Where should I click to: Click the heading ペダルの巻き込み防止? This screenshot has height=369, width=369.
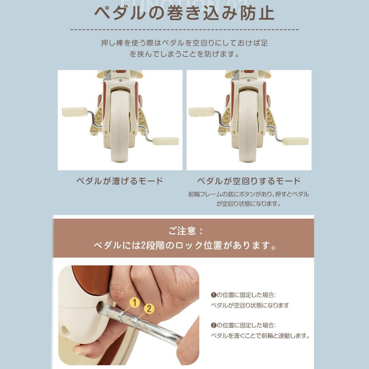tap(184, 14)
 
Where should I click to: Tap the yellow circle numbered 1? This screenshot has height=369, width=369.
tap(135, 303)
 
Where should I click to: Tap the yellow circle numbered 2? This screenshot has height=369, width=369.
tap(149, 309)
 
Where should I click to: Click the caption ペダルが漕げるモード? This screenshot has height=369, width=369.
tap(120, 181)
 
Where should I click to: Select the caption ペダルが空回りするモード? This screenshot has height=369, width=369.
tap(249, 181)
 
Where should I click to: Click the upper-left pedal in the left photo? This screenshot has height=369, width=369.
tap(74, 112)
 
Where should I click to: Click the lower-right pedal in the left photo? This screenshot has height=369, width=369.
tap(166, 141)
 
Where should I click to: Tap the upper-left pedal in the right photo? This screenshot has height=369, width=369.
tap(201, 112)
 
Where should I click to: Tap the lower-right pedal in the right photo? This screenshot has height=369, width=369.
tap(296, 141)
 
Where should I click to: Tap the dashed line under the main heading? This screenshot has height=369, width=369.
tap(184, 30)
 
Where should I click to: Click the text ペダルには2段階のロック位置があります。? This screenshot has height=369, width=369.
tap(185, 246)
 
